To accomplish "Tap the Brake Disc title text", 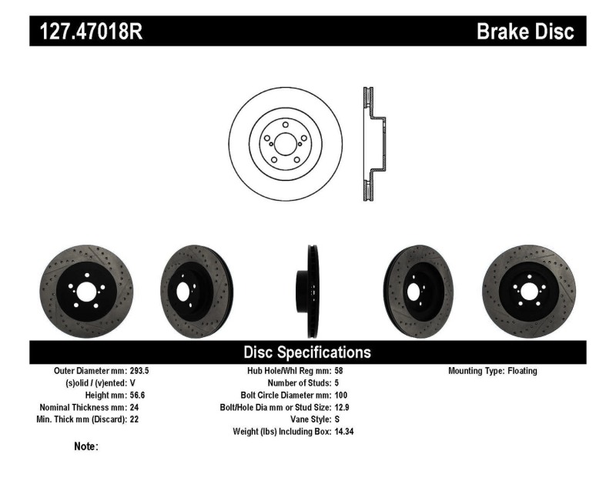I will (x=525, y=32).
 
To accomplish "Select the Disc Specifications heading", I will (x=307, y=352).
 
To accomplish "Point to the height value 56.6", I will (x=134, y=396).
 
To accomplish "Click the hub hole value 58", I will (x=339, y=371).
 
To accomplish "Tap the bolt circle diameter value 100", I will (x=341, y=396).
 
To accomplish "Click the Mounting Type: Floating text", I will (x=493, y=371).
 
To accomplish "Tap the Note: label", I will (x=85, y=446).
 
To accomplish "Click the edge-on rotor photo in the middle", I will (x=310, y=290).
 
